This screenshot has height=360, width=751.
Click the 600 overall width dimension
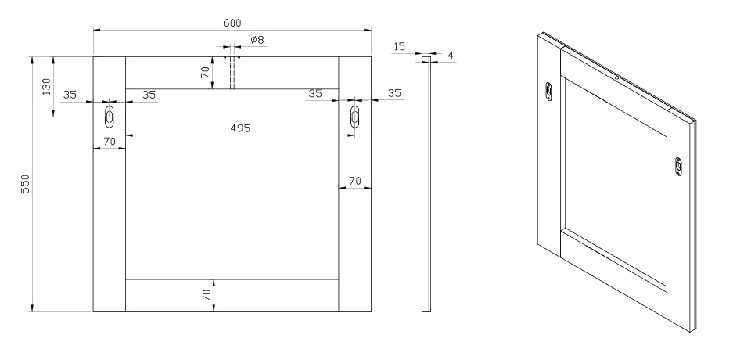point(232,23)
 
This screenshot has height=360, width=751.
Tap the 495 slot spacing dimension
point(240,128)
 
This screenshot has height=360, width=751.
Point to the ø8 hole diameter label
point(256,40)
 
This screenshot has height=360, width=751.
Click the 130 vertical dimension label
point(46,86)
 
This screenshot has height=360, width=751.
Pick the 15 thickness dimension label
point(399,47)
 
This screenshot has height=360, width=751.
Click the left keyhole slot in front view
point(109,117)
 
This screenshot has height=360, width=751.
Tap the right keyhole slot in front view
point(355,117)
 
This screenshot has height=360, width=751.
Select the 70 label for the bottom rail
point(207,295)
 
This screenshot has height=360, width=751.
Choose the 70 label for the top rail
point(205,73)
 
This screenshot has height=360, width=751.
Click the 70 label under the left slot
point(109,142)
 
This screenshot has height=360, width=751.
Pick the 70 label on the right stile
point(354,181)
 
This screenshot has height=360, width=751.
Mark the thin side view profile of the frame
point(426,184)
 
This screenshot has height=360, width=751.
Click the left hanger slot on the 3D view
point(549,92)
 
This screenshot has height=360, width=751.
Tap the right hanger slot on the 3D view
point(678,166)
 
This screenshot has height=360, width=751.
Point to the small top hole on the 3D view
point(617,77)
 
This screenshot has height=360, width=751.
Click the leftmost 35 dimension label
point(70,94)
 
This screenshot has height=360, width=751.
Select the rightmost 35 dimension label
point(394,93)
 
